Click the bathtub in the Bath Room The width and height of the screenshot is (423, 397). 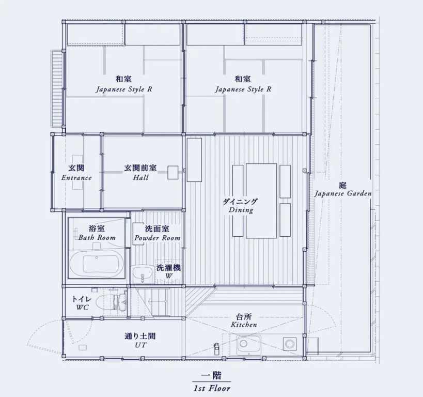pyautogui.click(x=97, y=263)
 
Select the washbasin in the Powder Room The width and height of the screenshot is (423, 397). pyautogui.click(x=143, y=274)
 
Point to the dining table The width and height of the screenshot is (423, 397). pyautogui.click(x=261, y=201)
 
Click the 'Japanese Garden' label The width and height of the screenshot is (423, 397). pyautogui.click(x=343, y=194)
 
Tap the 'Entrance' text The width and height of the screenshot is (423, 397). pyautogui.click(x=76, y=178)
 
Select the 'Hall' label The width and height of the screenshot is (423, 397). pyautogui.click(x=140, y=177)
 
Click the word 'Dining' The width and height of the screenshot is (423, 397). pyautogui.click(x=241, y=210)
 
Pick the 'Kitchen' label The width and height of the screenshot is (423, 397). pyautogui.click(x=244, y=325)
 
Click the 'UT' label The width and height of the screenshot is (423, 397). pyautogui.click(x=140, y=345)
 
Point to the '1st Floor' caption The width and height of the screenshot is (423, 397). pyautogui.click(x=212, y=388)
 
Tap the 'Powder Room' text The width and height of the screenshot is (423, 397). pyautogui.click(x=158, y=238)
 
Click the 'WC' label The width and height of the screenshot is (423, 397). pyautogui.click(x=82, y=308)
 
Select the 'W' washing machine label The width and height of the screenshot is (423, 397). pyautogui.click(x=169, y=276)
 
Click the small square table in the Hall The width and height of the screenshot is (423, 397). pyautogui.click(x=173, y=172)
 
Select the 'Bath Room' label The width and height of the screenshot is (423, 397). pyautogui.click(x=97, y=238)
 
